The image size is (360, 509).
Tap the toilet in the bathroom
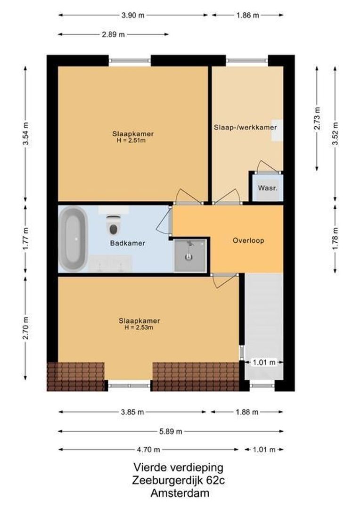(113, 225)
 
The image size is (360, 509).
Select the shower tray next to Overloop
(190, 255)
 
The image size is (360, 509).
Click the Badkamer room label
(127, 244)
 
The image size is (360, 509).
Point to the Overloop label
(248, 240)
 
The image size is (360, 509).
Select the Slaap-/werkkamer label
(245, 127)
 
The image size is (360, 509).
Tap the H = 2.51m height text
(133, 140)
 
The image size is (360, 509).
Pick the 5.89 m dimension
(171, 431)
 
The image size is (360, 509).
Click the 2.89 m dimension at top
(114, 34)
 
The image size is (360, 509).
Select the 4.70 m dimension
(148, 449)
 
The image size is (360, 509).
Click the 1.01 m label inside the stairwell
(264, 362)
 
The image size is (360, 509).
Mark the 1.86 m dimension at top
(247, 15)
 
